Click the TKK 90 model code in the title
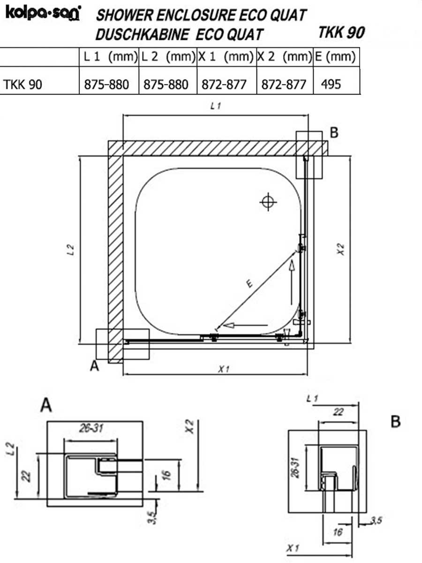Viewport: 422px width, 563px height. point(341,32)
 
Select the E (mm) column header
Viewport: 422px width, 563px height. point(335,57)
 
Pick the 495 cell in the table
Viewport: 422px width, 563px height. point(331,84)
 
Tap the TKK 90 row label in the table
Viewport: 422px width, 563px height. point(23,84)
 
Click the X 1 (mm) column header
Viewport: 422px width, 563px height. point(226,57)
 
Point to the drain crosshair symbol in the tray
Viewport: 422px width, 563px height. point(268,202)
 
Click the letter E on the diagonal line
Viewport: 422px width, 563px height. point(249,283)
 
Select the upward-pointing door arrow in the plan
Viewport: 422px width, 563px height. point(292,282)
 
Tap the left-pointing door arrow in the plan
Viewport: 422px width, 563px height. point(245,326)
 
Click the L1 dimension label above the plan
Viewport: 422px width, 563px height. point(215,106)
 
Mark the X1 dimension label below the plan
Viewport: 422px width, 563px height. point(224,369)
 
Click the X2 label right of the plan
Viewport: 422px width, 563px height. point(341,249)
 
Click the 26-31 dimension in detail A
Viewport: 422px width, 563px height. point(91,428)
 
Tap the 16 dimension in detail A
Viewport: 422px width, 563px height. point(166,475)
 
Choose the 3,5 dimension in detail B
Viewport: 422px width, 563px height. point(376,520)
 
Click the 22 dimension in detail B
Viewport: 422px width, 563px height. point(338,412)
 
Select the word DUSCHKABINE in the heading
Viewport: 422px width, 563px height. point(143,35)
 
